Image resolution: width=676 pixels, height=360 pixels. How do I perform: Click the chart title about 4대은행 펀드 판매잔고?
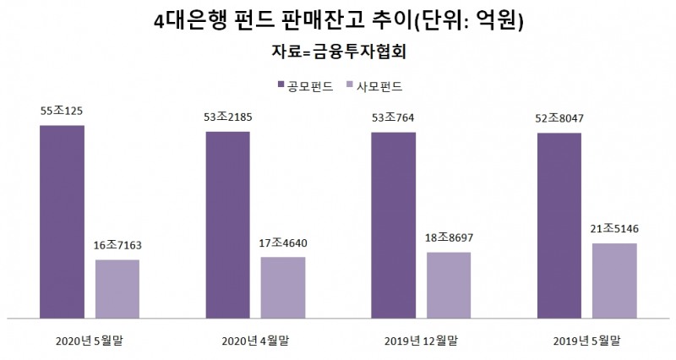(x=339, y=21)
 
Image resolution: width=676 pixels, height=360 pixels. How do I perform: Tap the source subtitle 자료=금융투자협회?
(x=339, y=52)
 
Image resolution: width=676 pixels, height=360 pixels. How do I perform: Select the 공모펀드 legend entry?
(x=305, y=86)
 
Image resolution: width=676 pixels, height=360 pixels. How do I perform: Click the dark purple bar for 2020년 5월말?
(x=62, y=221)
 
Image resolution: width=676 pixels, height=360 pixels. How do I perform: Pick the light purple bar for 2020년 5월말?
(x=117, y=288)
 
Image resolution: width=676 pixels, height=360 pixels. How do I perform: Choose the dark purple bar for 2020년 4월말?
(x=227, y=225)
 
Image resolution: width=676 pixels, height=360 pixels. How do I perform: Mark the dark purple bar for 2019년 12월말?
(x=393, y=226)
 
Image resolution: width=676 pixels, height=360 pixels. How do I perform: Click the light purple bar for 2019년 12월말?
(x=448, y=285)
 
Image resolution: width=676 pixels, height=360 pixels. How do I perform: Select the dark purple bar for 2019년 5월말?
(x=559, y=226)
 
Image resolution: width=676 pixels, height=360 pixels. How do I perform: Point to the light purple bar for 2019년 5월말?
(x=613, y=281)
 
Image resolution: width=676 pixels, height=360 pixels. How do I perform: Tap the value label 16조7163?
(x=117, y=245)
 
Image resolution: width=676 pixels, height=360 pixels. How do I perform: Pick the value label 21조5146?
(x=613, y=228)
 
